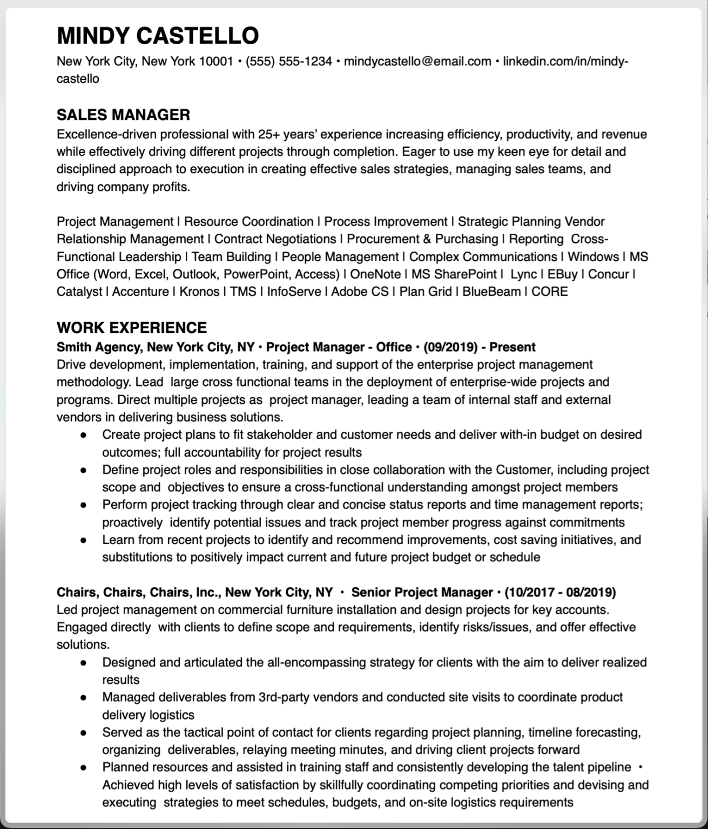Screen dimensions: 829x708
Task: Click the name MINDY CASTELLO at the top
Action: [158, 36]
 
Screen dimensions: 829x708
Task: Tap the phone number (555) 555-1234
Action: [288, 62]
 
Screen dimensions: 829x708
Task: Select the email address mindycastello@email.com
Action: [417, 62]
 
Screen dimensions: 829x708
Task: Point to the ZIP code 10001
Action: [216, 62]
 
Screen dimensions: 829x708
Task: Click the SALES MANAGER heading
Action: [123, 114]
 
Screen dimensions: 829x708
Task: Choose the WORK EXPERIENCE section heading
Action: [132, 328]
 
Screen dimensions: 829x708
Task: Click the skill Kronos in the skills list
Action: [199, 292]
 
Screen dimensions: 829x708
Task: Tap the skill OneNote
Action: [375, 274]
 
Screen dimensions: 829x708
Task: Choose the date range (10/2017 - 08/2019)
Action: [560, 593]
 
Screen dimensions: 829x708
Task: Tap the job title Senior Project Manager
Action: [422, 593]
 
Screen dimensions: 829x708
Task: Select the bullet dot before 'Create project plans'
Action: [83, 435]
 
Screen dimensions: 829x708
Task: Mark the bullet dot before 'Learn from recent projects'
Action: [83, 540]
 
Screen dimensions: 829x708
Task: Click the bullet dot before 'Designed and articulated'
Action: [83, 663]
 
